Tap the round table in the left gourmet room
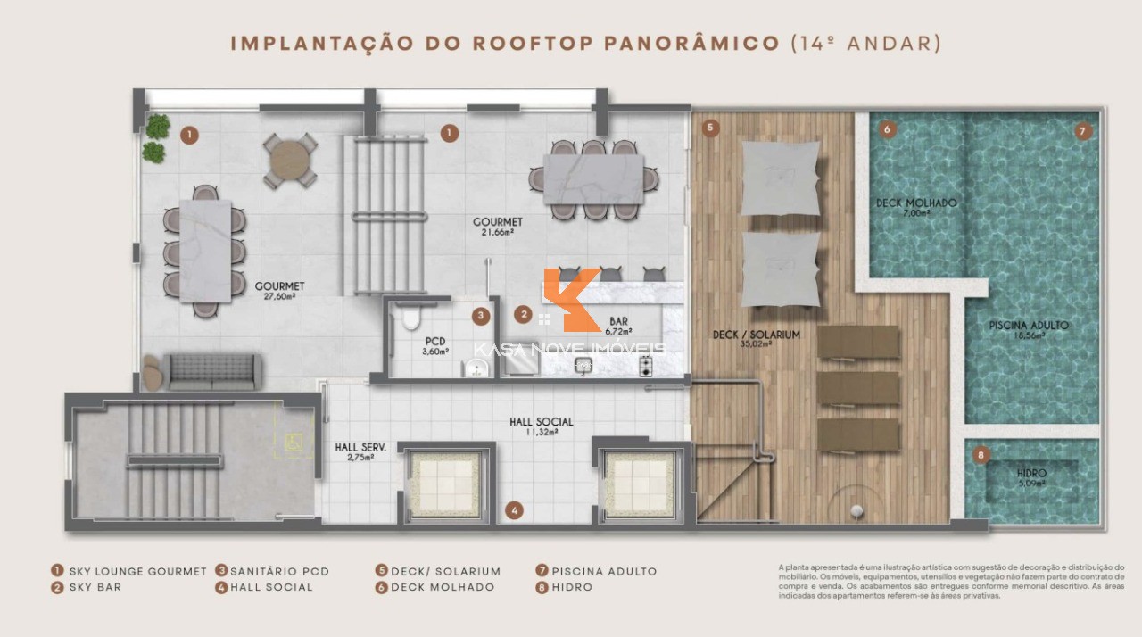pyautogui.click(x=290, y=161)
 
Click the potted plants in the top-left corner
pyautogui.click(x=157, y=138)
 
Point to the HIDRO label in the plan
pyautogui.click(x=1031, y=473)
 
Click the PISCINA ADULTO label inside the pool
pyautogui.click(x=1028, y=326)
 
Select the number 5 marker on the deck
pyautogui.click(x=710, y=128)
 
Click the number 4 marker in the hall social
pyautogui.click(x=514, y=510)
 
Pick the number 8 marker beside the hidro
pyautogui.click(x=981, y=455)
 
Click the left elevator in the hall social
pyautogui.click(x=444, y=484)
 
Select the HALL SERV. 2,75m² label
pyautogui.click(x=354, y=451)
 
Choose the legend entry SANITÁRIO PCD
pyautogui.click(x=279, y=571)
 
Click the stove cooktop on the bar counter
pyautogui.click(x=646, y=366)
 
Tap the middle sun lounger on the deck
pyautogui.click(x=858, y=388)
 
